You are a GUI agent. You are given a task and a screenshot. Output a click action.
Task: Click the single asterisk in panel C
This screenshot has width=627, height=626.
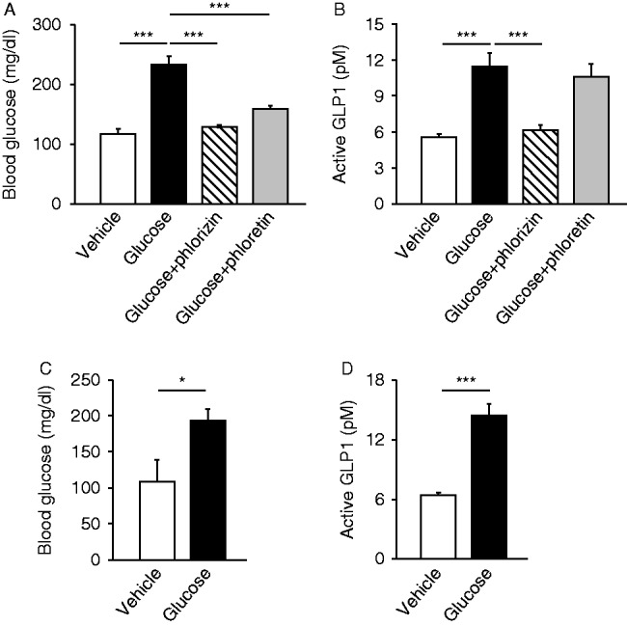click(181, 382)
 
